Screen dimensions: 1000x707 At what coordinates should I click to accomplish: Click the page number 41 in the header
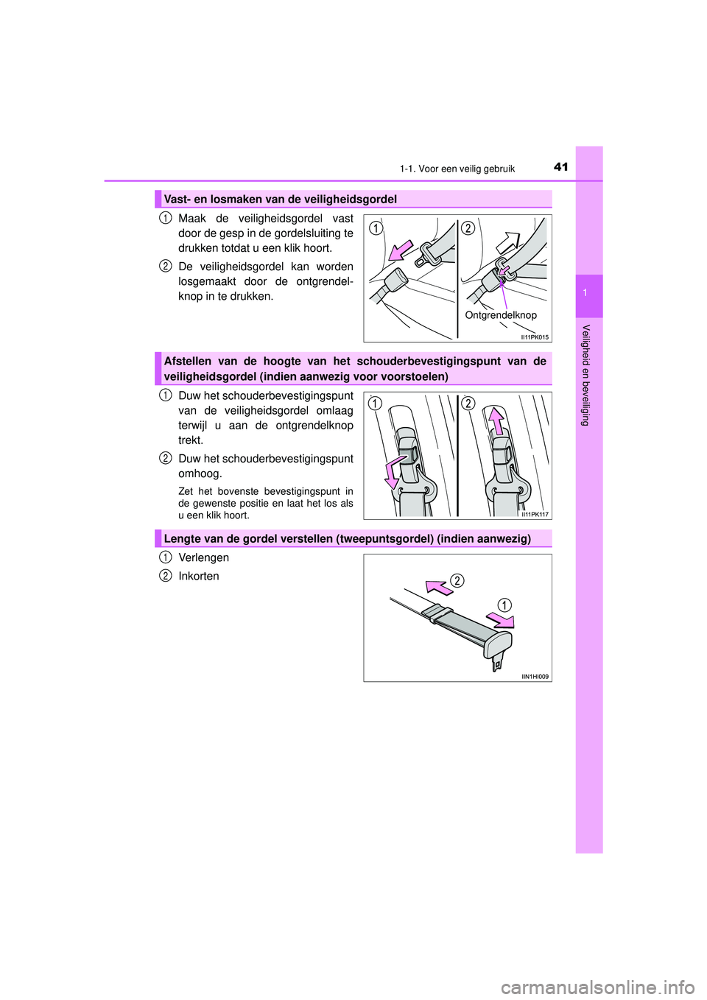560,167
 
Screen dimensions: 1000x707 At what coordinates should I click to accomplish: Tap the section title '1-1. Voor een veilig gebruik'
457,169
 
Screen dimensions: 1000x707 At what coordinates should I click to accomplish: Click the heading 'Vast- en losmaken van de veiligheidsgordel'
280,199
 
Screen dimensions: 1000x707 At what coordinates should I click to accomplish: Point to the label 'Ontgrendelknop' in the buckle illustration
501,315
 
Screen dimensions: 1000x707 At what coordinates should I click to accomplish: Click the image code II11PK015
535,337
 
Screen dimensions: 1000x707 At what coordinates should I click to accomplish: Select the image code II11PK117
535,515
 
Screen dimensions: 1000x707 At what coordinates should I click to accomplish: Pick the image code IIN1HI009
535,677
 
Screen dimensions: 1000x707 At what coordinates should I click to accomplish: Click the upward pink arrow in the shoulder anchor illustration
497,421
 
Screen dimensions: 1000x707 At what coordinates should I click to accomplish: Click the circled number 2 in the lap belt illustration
457,581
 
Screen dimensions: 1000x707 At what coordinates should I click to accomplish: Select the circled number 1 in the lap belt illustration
504,605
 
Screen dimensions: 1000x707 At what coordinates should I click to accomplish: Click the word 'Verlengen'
203,557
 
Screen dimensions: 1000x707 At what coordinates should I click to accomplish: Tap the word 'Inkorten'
198,576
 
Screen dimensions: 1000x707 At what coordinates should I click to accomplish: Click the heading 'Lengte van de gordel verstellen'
346,538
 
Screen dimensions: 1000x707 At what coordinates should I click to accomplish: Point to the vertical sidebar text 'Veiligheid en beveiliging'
585,375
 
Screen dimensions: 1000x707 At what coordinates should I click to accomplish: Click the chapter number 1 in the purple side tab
585,294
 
